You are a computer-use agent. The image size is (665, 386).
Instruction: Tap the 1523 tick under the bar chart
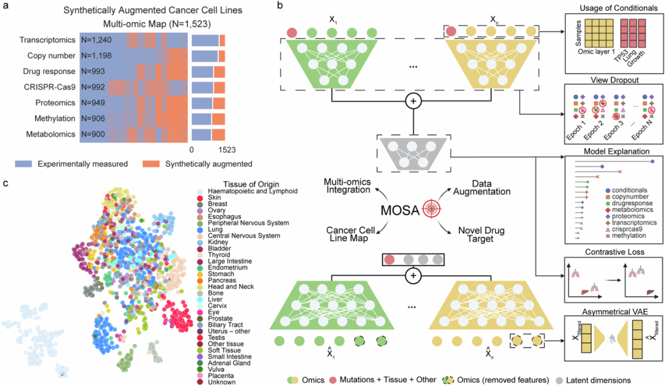coord(227,149)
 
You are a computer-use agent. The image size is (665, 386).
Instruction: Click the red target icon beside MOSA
coord(432,209)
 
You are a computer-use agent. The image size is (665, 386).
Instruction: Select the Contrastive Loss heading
coord(607,252)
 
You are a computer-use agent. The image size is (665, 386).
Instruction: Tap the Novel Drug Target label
coord(473,234)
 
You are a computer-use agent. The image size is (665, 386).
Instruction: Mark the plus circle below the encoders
coord(414,102)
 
